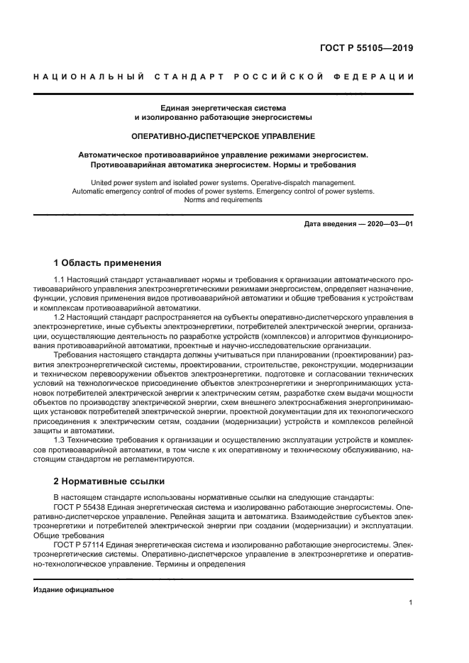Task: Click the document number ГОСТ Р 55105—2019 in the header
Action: click(x=366, y=49)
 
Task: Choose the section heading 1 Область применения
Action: click(x=108, y=262)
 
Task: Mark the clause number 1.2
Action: click(x=60, y=318)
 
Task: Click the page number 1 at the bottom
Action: click(x=411, y=603)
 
